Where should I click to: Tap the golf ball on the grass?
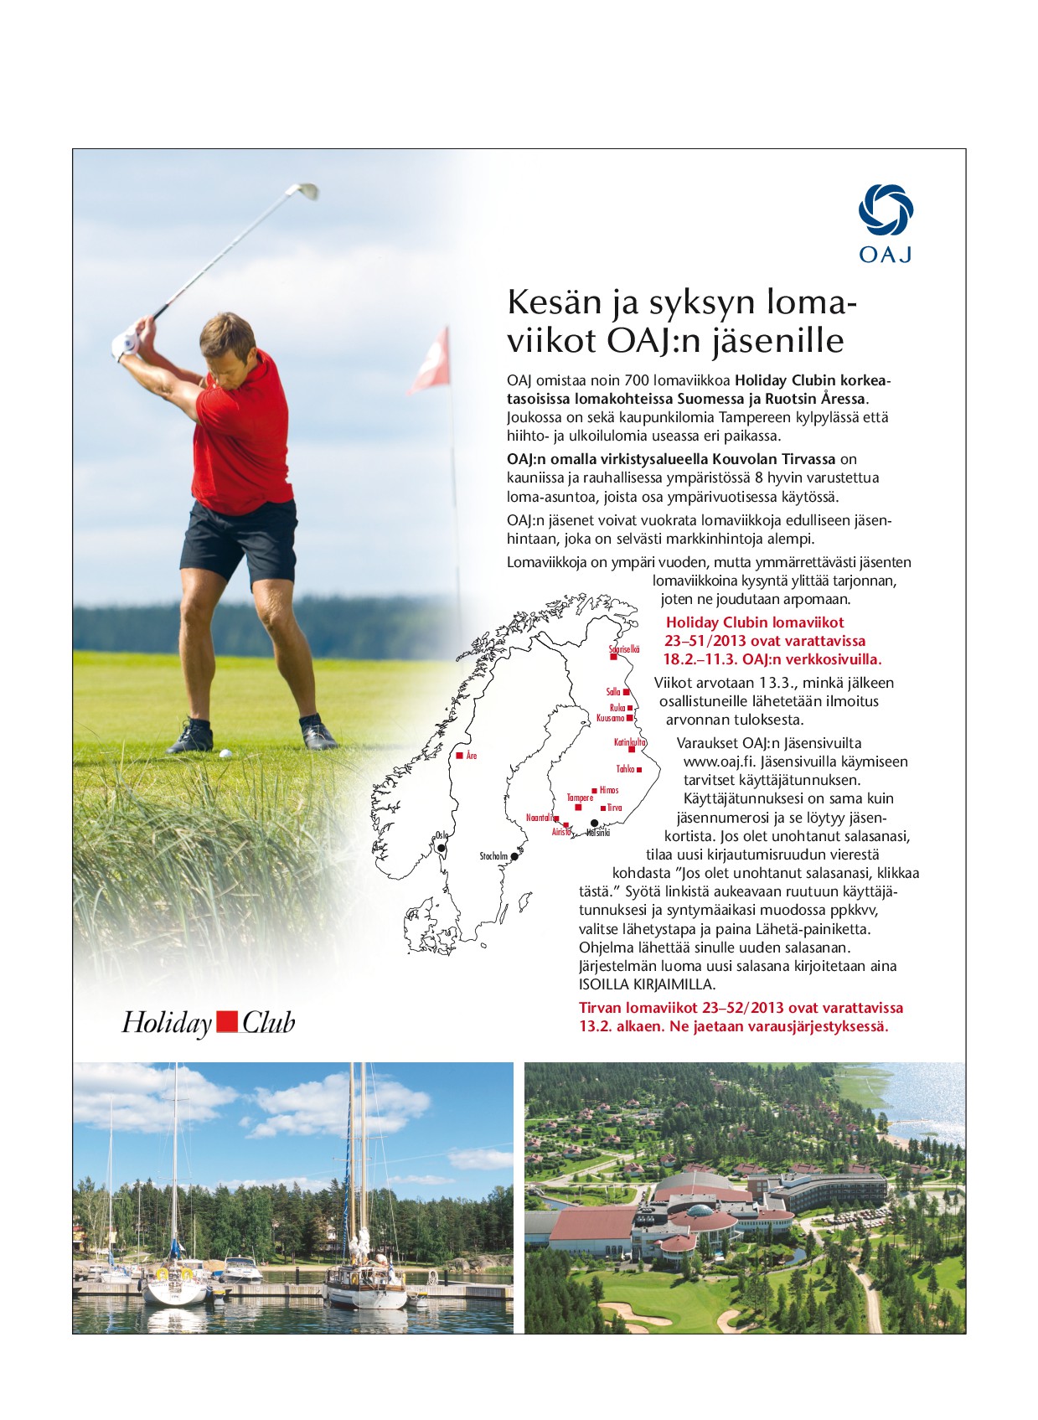point(225,752)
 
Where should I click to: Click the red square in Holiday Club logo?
point(226,1022)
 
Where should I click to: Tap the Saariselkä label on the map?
point(624,649)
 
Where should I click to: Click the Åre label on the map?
point(472,756)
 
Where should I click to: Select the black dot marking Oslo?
point(442,849)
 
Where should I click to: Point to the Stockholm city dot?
point(515,856)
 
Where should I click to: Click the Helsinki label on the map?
point(598,834)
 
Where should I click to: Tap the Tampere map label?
point(580,798)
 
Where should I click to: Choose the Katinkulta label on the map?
point(630,742)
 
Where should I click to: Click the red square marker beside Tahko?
point(639,769)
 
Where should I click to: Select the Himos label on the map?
point(609,790)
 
